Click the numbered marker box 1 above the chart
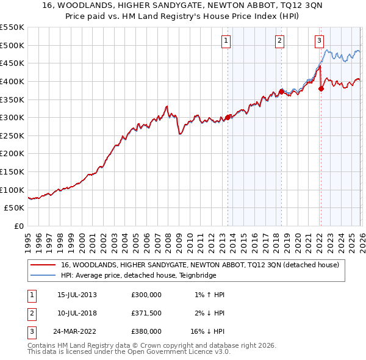[x=226, y=41]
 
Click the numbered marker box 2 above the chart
[x=279, y=41]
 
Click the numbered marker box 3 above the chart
[x=319, y=41]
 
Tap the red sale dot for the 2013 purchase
[x=228, y=117]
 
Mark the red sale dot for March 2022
[x=321, y=88]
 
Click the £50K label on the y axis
[x=15, y=208]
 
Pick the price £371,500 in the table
[x=146, y=313]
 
